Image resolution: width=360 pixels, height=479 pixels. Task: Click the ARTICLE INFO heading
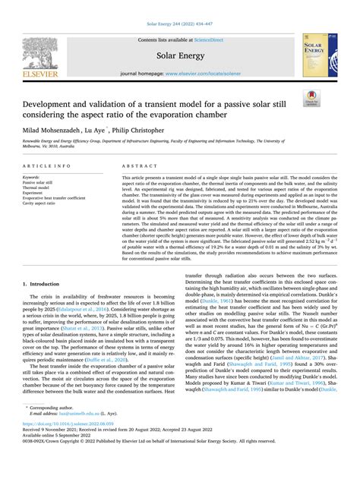coord(47,165)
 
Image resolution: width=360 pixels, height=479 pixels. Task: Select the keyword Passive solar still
coord(38,183)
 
